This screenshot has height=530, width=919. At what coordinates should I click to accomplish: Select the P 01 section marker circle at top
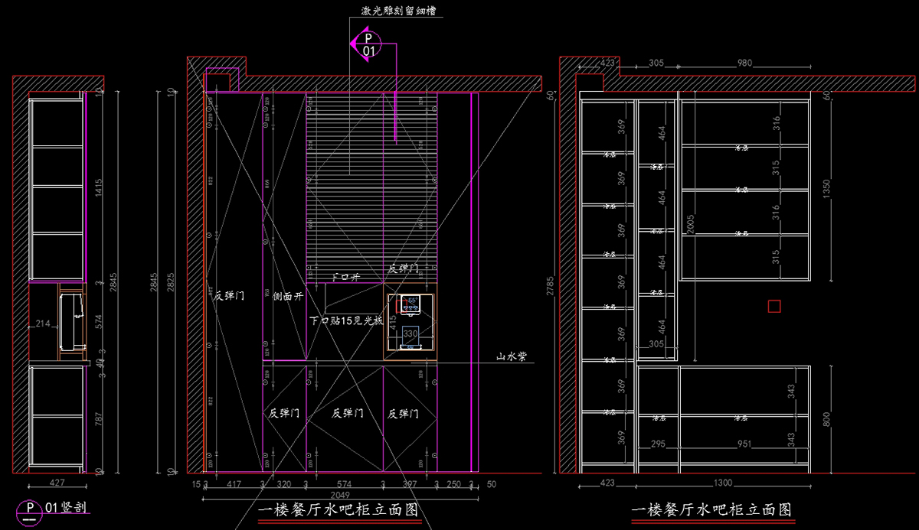coord(368,44)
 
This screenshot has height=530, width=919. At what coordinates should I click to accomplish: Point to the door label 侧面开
coord(288,296)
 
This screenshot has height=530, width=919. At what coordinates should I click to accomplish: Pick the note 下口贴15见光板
coord(346,321)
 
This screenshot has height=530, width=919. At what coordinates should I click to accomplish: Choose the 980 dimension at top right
coord(744,63)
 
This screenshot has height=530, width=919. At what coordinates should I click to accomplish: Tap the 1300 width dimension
coord(722,483)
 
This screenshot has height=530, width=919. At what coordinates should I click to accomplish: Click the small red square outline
coord(774,307)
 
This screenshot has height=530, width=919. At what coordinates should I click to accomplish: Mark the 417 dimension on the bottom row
coord(234,484)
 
